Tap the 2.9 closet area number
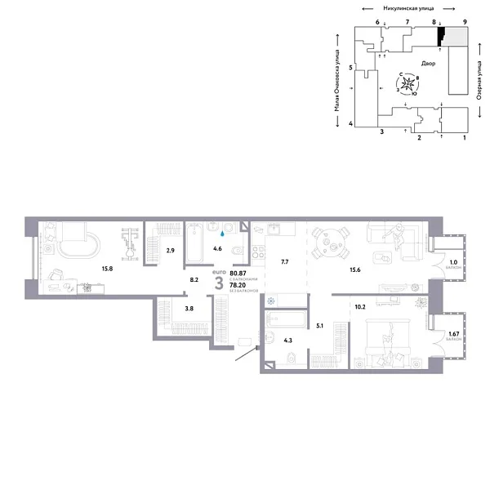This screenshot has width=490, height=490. [x=170, y=251]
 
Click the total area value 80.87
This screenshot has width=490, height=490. [x=238, y=274]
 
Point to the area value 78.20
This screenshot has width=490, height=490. [x=238, y=286]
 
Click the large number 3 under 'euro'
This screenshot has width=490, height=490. [x=218, y=283]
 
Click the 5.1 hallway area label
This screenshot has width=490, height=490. [x=321, y=326]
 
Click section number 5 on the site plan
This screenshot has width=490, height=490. [x=350, y=68]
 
